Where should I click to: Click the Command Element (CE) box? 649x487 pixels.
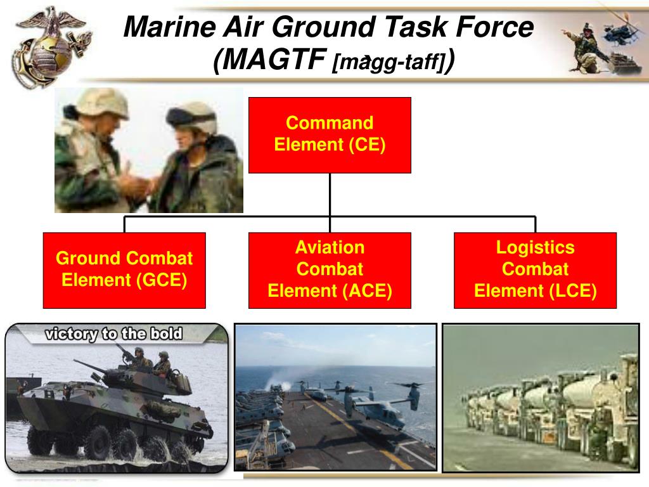(x=330, y=135)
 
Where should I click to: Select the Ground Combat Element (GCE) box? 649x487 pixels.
(x=124, y=270)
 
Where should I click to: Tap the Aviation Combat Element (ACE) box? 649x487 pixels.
(x=330, y=270)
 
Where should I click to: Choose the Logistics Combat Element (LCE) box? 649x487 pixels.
(x=536, y=270)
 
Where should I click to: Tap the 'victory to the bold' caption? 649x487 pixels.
(x=113, y=334)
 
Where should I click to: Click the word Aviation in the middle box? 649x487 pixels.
(x=330, y=247)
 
